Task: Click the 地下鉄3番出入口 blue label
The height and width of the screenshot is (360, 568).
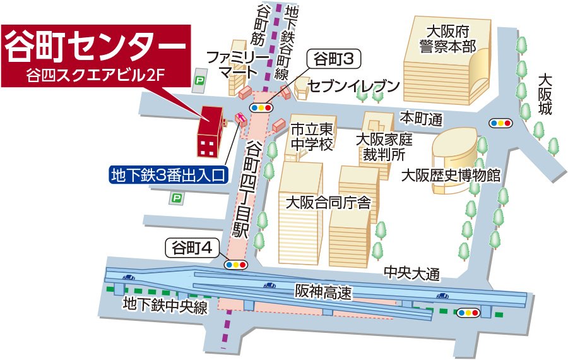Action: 168,175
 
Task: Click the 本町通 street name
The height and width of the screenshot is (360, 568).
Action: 422,118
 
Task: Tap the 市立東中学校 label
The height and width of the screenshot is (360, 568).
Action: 311,136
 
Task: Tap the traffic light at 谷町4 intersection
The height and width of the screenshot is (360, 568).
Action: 236,265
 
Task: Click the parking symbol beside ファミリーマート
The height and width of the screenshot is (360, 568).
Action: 200,80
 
